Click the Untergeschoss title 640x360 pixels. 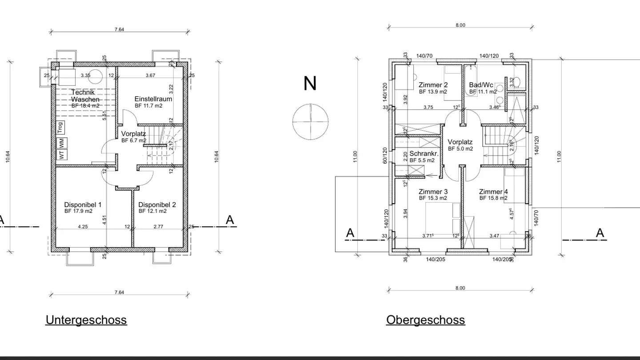(86, 320)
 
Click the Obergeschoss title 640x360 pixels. (425, 320)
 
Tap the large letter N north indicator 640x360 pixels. (310, 84)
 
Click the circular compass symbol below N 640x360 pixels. (310, 121)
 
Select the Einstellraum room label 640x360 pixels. (153, 99)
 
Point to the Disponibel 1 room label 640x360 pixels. (83, 204)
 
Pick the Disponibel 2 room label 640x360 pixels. (157, 204)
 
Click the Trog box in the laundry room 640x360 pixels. (60, 128)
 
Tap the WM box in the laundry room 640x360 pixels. (61, 143)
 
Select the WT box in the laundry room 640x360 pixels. (61, 155)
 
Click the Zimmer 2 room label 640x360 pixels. (433, 85)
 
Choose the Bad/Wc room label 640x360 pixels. (481, 85)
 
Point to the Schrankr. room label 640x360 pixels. (424, 153)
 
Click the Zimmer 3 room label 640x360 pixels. (433, 192)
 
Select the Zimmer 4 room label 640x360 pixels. (493, 192)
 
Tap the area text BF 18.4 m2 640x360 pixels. (85, 106)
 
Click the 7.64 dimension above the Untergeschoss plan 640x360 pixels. (119, 29)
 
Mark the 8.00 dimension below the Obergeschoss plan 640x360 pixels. (460, 288)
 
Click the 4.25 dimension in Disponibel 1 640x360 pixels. (83, 226)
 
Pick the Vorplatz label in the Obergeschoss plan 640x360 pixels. (460, 142)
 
